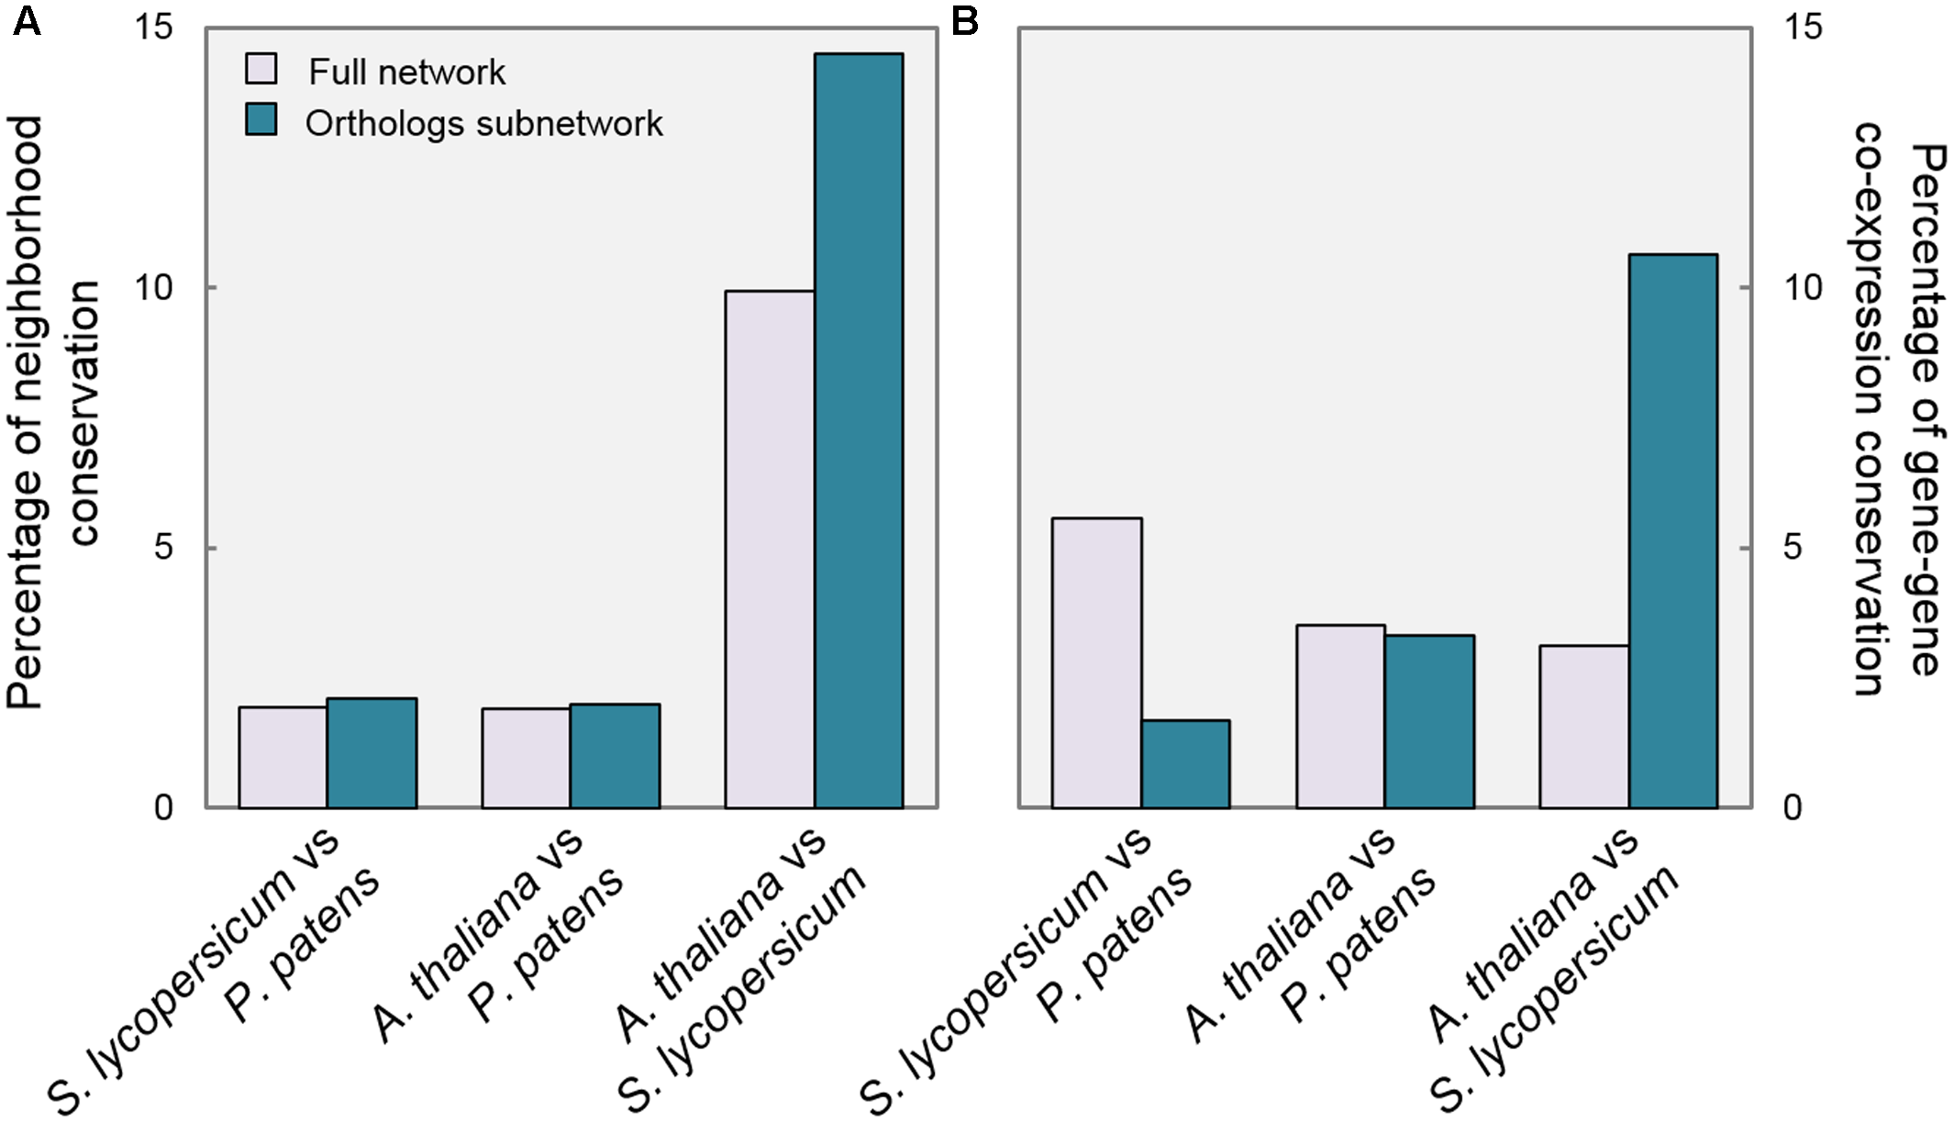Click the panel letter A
click(27, 20)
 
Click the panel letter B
click(964, 20)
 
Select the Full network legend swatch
click(261, 69)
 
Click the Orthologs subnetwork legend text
click(483, 124)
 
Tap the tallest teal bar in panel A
click(859, 431)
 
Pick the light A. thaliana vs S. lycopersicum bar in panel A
click(770, 550)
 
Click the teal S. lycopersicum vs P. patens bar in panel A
click(372, 753)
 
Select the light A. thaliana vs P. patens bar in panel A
click(526, 758)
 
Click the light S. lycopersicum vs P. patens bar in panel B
click(1096, 663)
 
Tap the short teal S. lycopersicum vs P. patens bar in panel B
click(1185, 764)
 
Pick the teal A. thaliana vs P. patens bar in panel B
click(1429, 721)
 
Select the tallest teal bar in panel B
click(1673, 531)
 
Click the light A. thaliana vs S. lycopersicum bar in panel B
click(1584, 727)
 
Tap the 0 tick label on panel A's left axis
click(163, 808)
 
